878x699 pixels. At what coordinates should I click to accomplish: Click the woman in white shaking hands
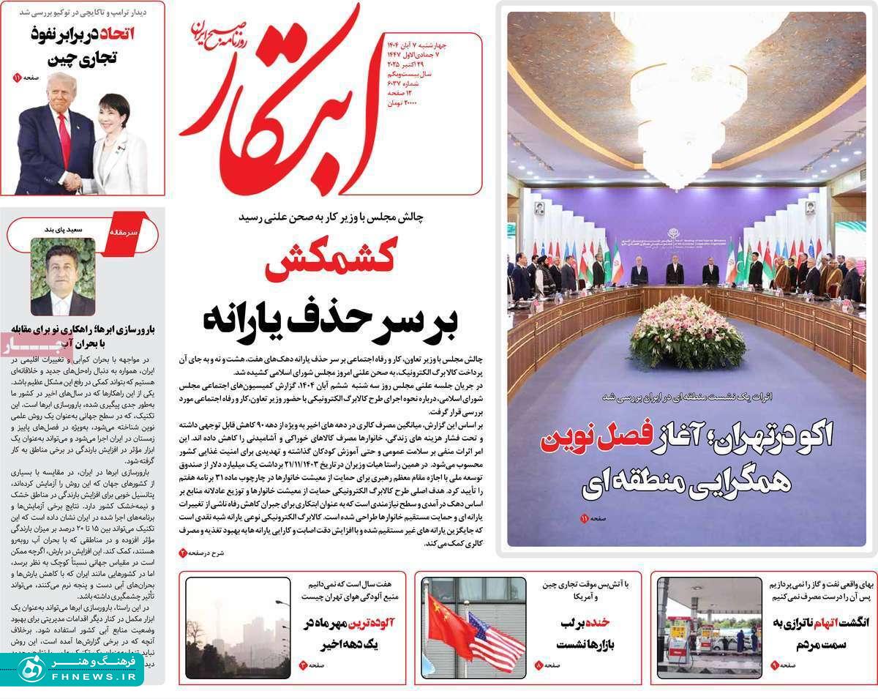[121, 146]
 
